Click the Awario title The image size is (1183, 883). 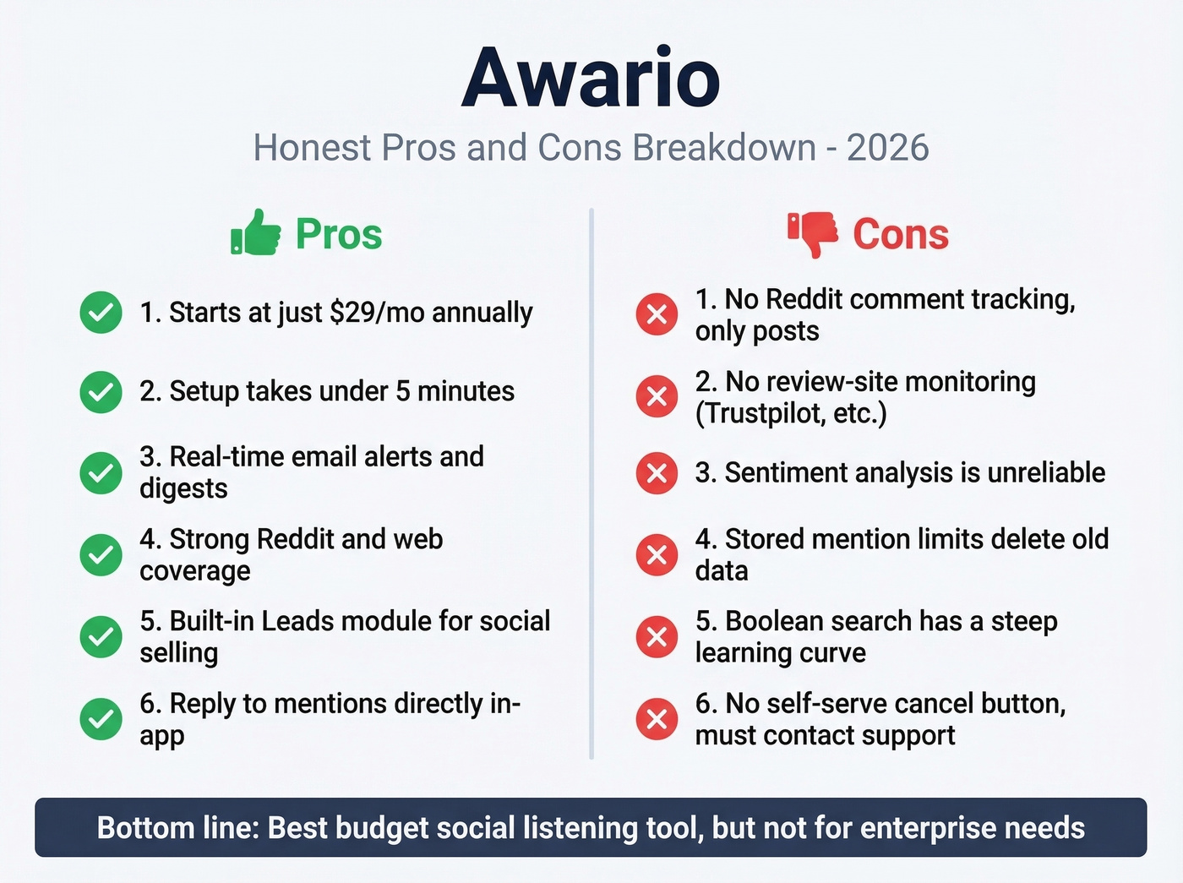591,78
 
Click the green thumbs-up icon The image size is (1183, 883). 255,232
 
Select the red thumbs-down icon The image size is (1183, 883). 813,233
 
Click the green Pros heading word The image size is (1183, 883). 339,234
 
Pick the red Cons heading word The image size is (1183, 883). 901,234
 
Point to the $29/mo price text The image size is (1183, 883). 377,313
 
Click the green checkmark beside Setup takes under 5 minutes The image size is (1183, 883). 101,392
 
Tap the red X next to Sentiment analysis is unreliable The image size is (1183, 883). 657,473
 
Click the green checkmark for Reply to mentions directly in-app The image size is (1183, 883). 101,719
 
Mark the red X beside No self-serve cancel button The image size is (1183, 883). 657,719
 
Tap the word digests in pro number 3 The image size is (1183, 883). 183,488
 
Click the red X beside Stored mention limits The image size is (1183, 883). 657,555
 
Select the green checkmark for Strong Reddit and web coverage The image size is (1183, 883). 101,555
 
